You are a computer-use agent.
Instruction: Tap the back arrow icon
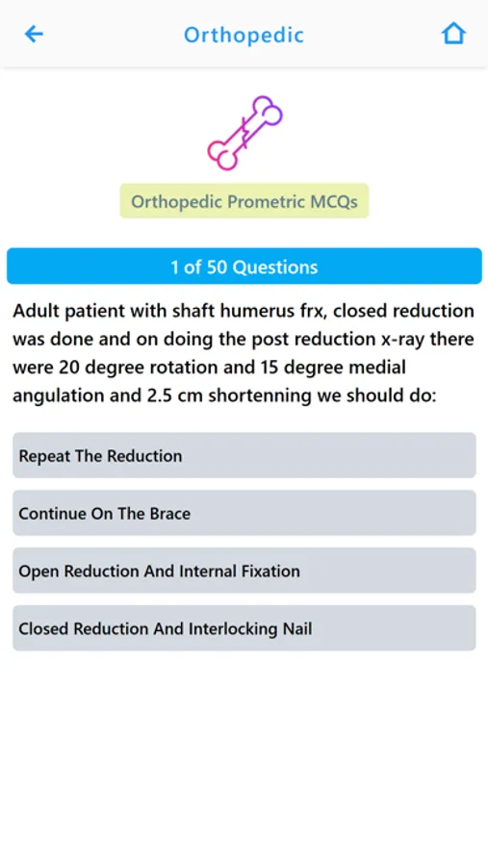coord(34,35)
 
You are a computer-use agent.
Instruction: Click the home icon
coord(453,34)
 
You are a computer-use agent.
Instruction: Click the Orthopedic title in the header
coord(244,36)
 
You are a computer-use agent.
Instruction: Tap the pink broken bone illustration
coord(244,133)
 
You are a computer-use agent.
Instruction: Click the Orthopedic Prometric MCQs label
coord(244,202)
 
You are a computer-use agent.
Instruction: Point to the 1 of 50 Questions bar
coord(244,267)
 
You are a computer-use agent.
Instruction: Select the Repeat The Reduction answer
coord(244,455)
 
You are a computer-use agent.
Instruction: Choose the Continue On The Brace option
coord(244,513)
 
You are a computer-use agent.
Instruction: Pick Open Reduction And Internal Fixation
coord(244,571)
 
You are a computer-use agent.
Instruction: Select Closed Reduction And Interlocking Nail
coord(244,628)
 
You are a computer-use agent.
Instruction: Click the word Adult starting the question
coord(38,311)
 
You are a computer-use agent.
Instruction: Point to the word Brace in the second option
coord(168,513)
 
